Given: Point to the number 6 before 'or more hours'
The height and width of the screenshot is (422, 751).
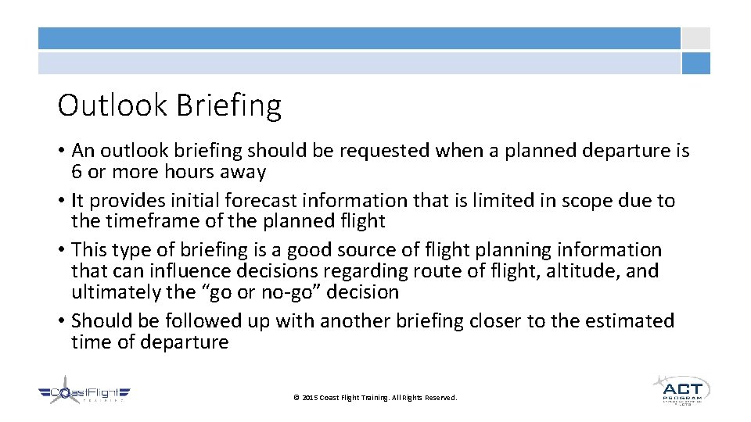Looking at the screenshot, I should click(77, 172).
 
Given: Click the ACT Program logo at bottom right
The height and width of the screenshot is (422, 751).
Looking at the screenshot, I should click(681, 389).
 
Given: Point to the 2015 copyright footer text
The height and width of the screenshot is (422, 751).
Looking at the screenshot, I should click(375, 398).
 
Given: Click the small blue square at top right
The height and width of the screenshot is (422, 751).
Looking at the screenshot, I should click(695, 63).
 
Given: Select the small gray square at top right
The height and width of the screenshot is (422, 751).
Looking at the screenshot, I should click(695, 38).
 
